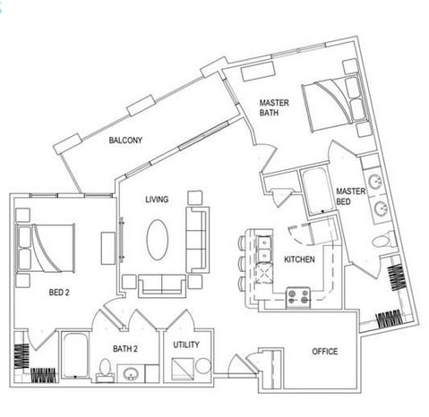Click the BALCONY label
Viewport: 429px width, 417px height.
125,140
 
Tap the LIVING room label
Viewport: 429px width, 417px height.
157,199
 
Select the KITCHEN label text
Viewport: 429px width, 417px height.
299,260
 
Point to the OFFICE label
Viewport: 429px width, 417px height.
325,352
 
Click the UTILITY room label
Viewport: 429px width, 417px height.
186,345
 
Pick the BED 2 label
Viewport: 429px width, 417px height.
59,293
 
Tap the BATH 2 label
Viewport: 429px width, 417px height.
125,348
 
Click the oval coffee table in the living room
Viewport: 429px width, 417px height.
158,240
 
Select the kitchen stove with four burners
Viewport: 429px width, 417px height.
298,297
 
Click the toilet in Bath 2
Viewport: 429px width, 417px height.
105,370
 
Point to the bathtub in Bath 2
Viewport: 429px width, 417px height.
75,356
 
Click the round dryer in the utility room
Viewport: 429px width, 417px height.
203,366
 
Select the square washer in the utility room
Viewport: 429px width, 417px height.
183,369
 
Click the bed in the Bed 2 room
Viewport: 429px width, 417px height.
46,248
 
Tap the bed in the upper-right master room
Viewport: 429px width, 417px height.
336,103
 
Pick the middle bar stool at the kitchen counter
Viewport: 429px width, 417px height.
242,262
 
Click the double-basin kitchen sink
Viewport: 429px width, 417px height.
264,249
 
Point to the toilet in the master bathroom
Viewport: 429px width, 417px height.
383,240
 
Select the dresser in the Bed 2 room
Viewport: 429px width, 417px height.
108,249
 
